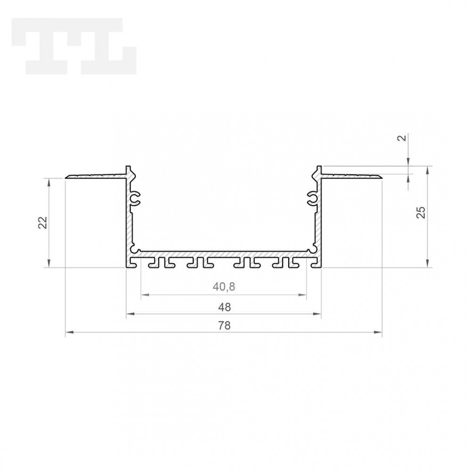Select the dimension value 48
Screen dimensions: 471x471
(x=225, y=307)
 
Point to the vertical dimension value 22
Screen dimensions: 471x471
(x=42, y=222)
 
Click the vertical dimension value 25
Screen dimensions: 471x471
(x=422, y=213)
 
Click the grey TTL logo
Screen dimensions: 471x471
(x=73, y=46)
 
